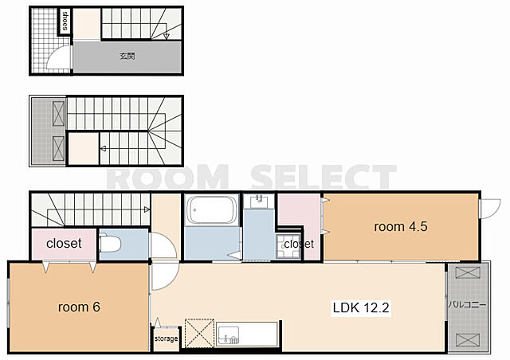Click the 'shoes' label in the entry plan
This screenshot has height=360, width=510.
(x=65, y=21)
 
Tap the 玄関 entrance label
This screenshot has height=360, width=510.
(x=127, y=57)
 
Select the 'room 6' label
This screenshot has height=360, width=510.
(x=79, y=307)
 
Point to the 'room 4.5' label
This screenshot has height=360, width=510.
(x=401, y=227)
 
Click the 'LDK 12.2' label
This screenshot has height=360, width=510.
(x=361, y=307)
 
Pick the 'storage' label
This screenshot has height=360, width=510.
(x=167, y=338)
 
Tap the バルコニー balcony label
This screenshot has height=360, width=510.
(x=468, y=305)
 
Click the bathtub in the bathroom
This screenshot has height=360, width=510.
(x=212, y=209)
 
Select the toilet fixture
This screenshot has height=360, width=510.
(x=110, y=243)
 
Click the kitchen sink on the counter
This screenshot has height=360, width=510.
(x=229, y=335)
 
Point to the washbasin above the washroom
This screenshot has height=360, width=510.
(x=259, y=202)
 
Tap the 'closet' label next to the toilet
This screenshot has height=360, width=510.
(x=64, y=243)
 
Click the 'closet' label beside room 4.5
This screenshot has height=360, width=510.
(x=299, y=244)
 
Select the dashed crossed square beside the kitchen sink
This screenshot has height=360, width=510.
(x=199, y=334)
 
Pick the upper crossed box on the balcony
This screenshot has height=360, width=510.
(x=468, y=273)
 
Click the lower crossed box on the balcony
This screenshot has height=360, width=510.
(x=468, y=339)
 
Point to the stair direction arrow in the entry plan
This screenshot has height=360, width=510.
(x=167, y=36)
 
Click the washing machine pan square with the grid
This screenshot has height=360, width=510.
(x=288, y=246)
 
